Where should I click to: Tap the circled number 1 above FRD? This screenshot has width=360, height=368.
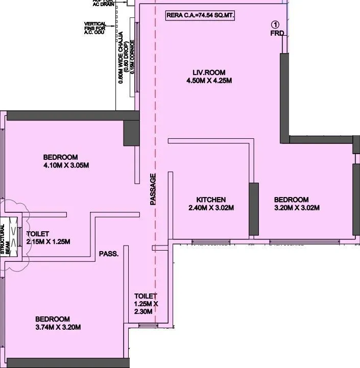275,24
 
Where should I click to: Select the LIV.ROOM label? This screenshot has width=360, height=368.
208,72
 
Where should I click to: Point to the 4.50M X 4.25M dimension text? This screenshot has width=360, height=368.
208,81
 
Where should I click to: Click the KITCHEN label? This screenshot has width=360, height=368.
211,200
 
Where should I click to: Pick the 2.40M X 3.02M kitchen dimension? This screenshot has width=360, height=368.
211,208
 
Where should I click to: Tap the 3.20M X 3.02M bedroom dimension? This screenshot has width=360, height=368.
297,208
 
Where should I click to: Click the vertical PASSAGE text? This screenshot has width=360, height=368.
153,189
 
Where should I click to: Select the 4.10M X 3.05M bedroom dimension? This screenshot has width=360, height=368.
66,165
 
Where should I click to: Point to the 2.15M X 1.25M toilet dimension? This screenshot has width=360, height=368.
48,241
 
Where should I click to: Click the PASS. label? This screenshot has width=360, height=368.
109,254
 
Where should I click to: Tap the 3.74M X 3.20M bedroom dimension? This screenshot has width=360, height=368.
58,327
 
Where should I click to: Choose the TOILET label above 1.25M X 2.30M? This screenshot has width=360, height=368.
146,296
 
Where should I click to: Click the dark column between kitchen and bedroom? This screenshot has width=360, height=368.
253,209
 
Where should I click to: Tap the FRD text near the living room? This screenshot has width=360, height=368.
277,34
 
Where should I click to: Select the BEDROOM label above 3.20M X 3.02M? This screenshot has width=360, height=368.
291,200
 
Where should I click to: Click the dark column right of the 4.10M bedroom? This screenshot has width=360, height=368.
131,132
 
